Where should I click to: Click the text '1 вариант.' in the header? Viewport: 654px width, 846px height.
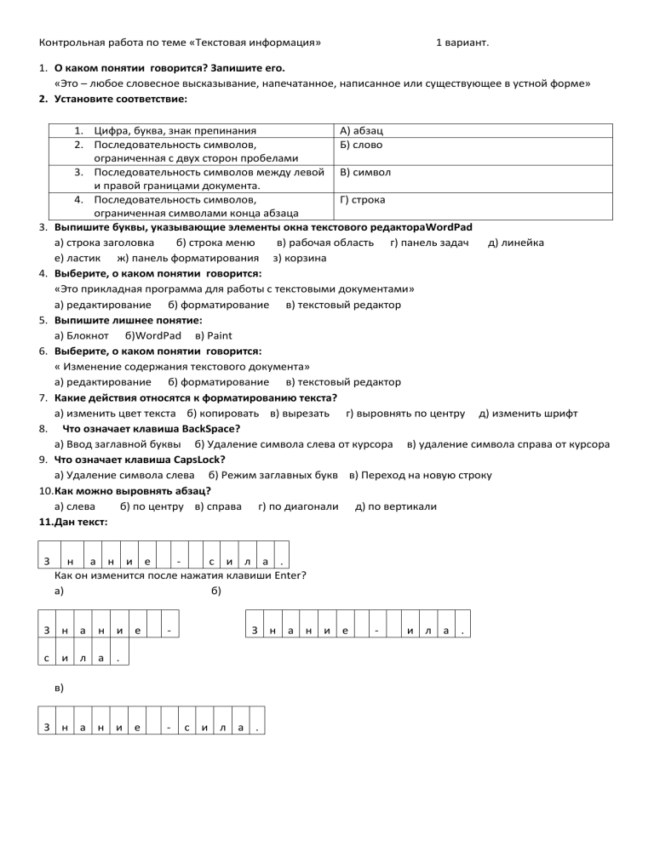tap(462, 42)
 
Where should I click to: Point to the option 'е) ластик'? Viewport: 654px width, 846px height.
tap(77, 257)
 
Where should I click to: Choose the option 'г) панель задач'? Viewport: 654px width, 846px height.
tap(430, 243)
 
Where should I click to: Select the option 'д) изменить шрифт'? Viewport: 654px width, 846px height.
tap(529, 413)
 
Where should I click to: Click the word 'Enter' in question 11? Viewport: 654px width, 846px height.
tap(290, 575)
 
